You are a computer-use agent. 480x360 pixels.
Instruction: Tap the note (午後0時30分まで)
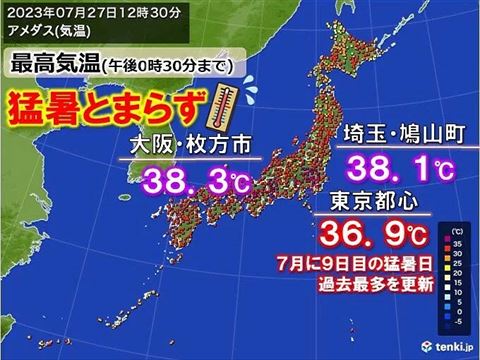[169, 67]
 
